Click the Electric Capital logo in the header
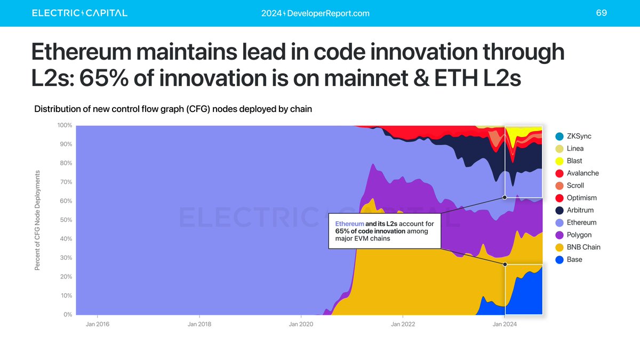tap(79, 13)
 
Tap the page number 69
tap(601, 13)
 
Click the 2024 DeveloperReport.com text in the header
tap(315, 13)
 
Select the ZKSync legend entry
tap(573, 137)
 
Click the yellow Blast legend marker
tap(559, 161)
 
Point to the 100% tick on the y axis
tap(65, 125)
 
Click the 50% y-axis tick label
tap(66, 220)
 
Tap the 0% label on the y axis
tap(67, 314)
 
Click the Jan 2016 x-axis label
tap(98, 324)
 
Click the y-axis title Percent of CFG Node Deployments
tap(38, 220)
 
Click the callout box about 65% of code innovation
tap(385, 231)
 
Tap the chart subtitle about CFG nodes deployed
tap(173, 109)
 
